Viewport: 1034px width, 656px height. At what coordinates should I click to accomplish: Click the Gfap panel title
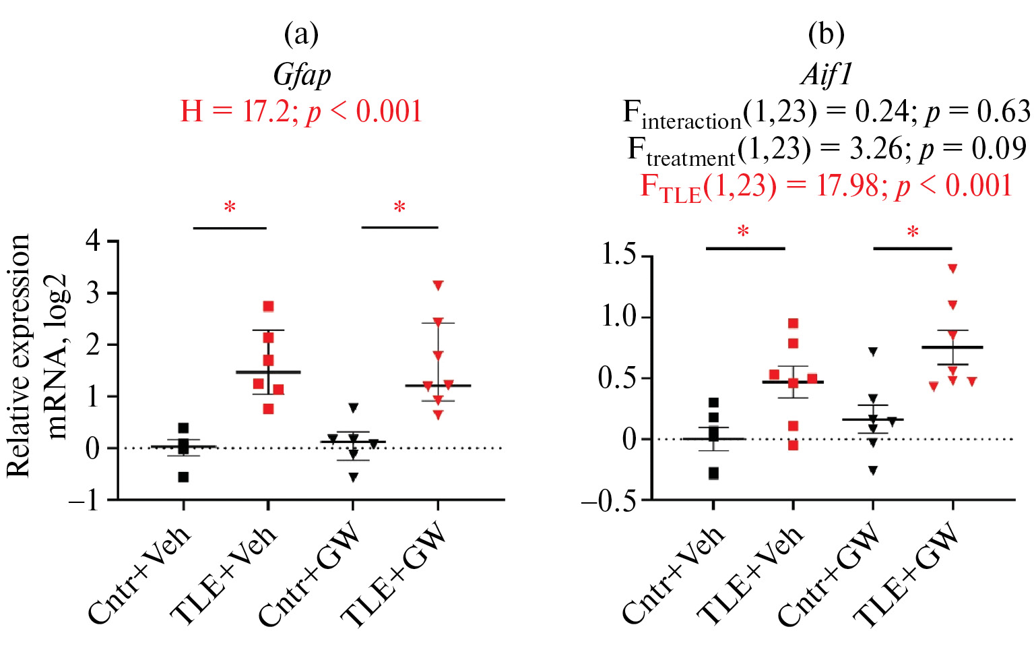302,75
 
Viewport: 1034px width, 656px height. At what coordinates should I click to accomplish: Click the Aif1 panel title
827,74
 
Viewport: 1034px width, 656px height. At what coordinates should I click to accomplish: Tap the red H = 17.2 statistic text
301,111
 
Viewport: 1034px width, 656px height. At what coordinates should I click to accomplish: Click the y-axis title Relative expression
19,355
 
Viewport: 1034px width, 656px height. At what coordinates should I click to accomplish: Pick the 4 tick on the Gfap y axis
94,241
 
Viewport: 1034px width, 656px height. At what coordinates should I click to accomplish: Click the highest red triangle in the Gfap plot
439,285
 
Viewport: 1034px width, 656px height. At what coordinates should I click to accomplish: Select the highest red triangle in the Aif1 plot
952,268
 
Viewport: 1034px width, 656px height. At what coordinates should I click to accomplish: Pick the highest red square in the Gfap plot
268,307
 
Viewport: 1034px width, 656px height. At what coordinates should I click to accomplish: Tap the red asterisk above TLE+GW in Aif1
913,233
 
